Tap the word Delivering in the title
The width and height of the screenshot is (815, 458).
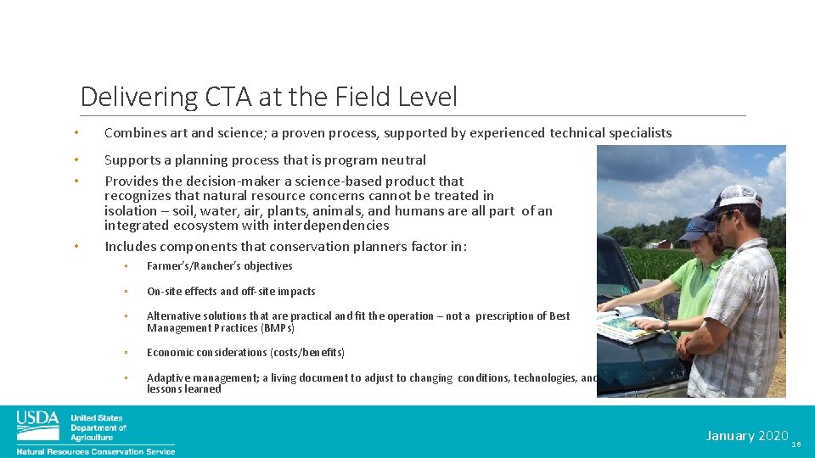click(139, 98)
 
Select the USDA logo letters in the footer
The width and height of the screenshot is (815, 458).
click(37, 419)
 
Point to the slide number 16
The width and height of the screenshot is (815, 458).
click(796, 444)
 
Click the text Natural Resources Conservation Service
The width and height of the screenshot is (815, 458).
click(95, 451)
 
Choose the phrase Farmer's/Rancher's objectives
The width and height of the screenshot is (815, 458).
click(219, 266)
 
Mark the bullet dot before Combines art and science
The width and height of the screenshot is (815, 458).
click(76, 133)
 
